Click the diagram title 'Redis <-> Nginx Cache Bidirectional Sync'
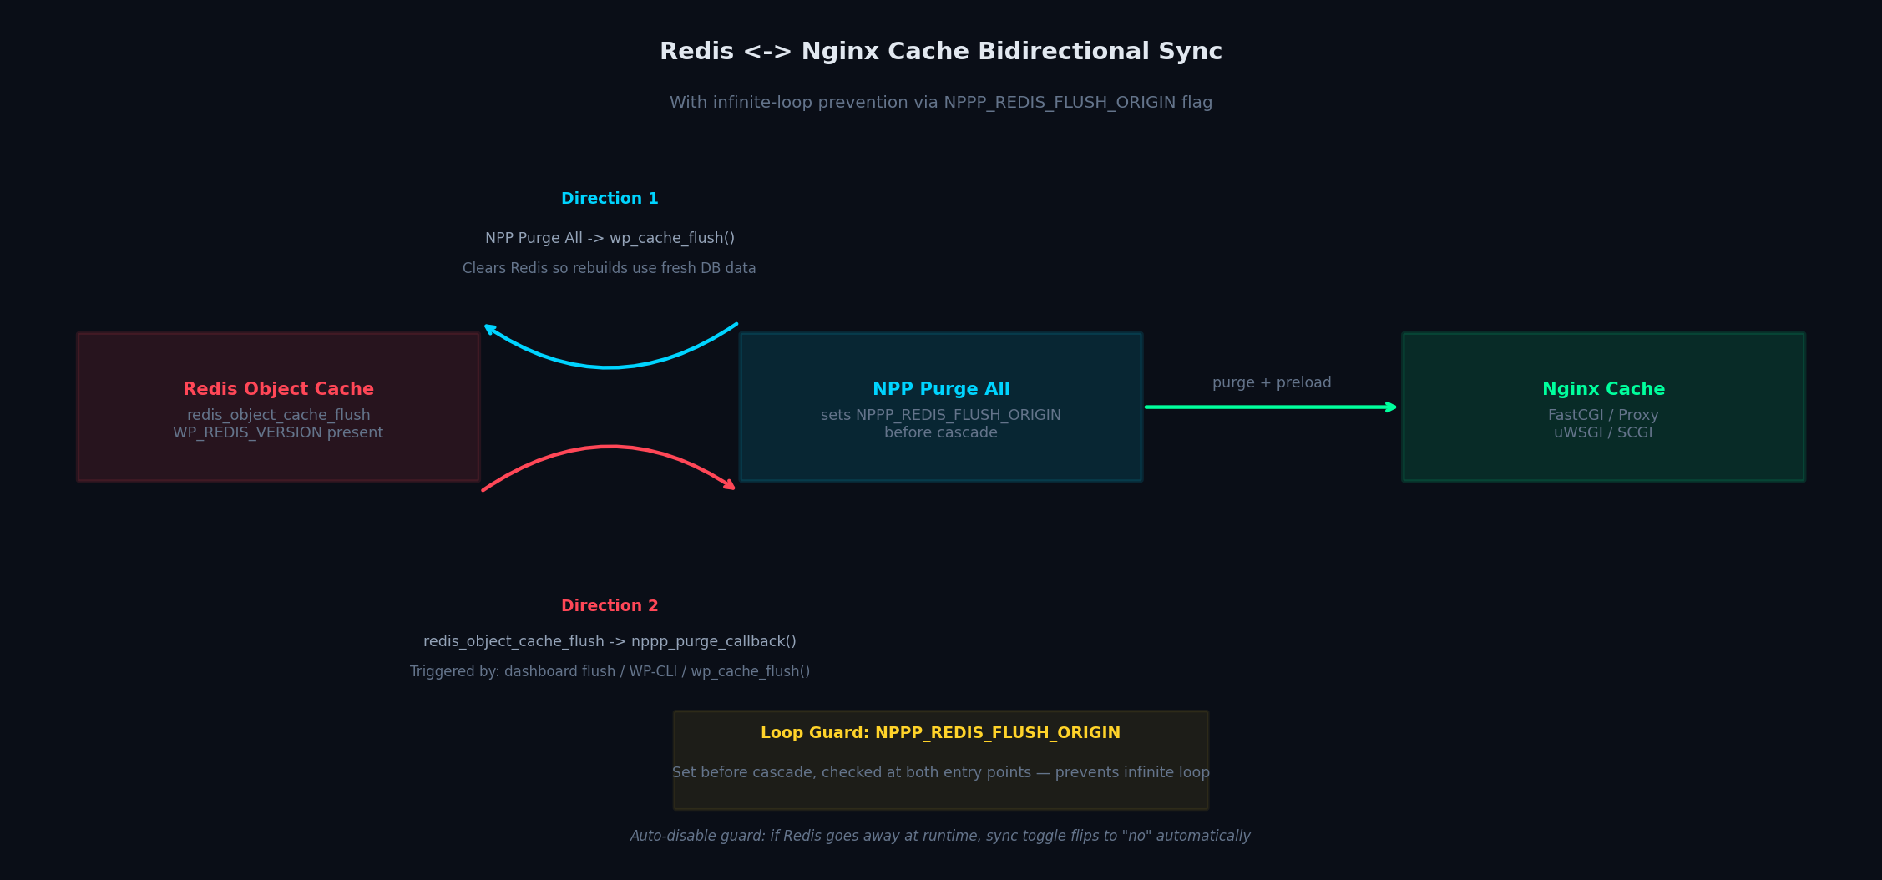[x=940, y=52]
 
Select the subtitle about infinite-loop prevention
[x=940, y=103]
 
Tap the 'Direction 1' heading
[x=610, y=199]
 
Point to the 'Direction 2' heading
[x=610, y=606]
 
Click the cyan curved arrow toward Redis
[x=610, y=366]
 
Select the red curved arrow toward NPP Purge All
[x=610, y=448]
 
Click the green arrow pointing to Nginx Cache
[x=1269, y=407]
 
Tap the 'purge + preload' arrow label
[x=1272, y=382]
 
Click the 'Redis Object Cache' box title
[x=278, y=389]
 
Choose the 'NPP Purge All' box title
[x=941, y=389]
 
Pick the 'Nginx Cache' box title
[x=1603, y=389]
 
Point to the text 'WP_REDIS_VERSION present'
[x=278, y=432]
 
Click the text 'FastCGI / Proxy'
[x=1603, y=415]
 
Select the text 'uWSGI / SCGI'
[x=1603, y=432]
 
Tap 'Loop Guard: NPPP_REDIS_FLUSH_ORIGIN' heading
[x=940, y=733]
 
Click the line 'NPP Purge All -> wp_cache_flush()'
[x=610, y=238]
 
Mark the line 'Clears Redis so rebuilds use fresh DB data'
[x=610, y=268]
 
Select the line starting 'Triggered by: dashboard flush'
[x=610, y=671]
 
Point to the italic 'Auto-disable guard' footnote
[x=940, y=836]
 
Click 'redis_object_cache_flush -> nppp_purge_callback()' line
[x=610, y=641]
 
